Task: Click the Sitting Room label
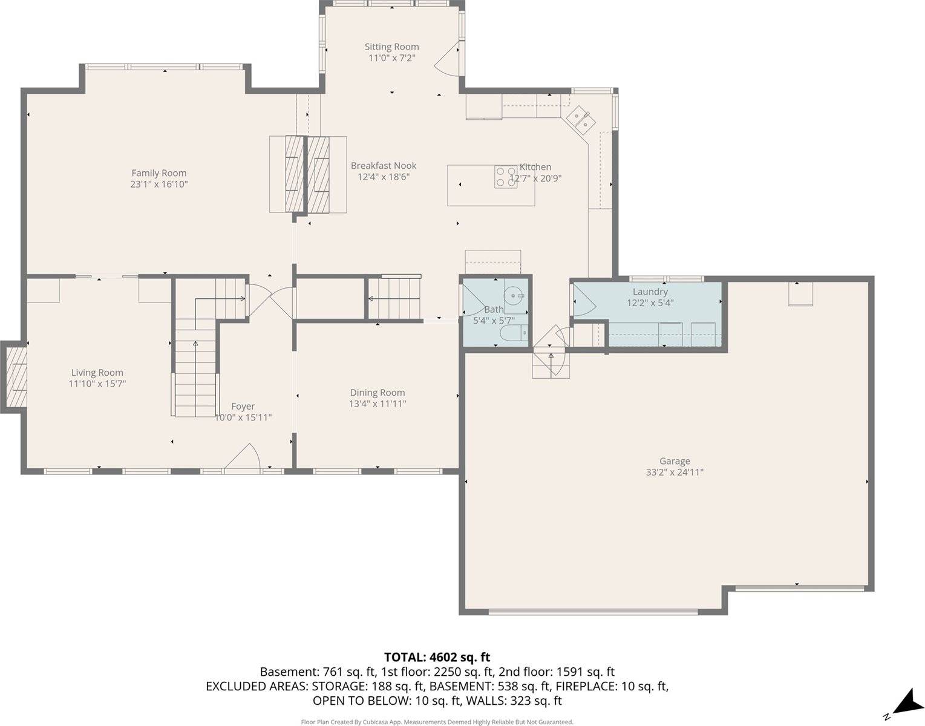391,47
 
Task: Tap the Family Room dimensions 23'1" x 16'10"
159,185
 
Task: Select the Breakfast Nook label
384,166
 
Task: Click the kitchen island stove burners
505,177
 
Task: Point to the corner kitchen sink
581,119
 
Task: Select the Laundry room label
650,292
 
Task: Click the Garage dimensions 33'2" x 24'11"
675,473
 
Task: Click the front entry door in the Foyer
243,458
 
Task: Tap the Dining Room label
377,393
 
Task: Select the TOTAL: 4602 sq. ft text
437,657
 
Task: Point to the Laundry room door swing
581,300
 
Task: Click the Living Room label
97,373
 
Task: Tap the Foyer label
243,407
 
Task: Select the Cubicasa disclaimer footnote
437,722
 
